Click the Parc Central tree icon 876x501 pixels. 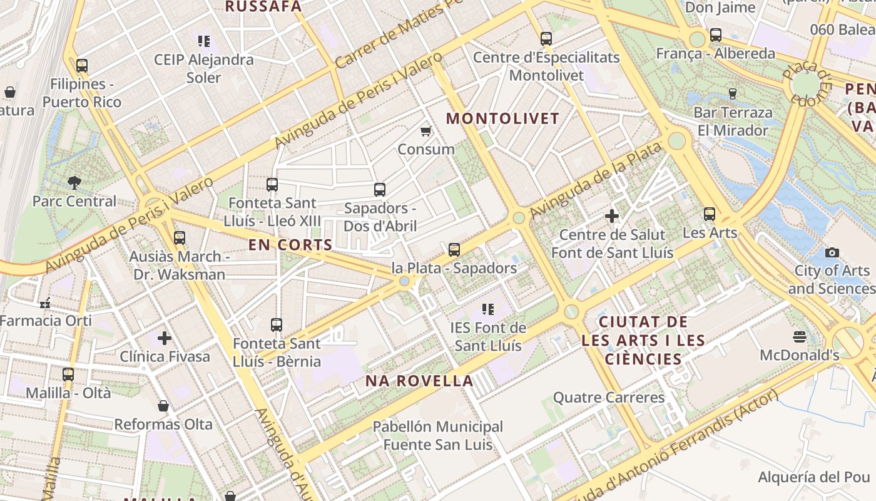coord(74,183)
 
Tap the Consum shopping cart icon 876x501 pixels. coord(426,131)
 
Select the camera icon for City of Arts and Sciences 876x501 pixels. coord(832,252)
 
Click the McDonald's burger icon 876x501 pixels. coord(799,337)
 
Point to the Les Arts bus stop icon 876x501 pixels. coord(709,214)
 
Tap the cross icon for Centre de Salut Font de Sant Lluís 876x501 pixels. coord(612,217)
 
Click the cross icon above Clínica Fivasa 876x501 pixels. coord(165,338)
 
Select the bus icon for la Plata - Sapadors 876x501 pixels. coord(454,250)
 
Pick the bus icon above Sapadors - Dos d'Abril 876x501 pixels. coord(380,190)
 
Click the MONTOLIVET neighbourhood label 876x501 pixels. coord(503,118)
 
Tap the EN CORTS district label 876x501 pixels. coord(290,245)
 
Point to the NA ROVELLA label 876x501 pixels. coord(419,381)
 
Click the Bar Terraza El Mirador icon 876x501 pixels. coord(733,94)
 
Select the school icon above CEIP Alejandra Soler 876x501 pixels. coord(203,41)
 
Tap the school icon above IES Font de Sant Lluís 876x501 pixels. coord(489,309)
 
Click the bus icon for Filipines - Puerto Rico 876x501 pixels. coord(81,65)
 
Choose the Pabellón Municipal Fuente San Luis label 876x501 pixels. coord(437,436)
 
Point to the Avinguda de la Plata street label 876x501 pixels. coord(595,181)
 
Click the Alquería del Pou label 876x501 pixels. coord(814,477)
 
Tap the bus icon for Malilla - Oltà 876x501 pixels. coord(68,374)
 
